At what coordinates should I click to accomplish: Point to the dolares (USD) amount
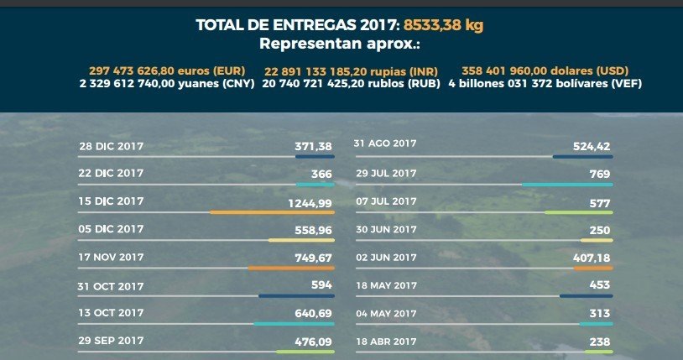545,70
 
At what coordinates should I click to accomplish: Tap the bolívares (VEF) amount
545,84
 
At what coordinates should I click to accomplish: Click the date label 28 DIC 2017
111,146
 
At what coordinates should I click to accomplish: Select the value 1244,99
310,202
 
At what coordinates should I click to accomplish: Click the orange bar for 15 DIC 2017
272,212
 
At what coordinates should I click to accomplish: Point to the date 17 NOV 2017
111,258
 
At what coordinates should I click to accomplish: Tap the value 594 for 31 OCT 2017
322,285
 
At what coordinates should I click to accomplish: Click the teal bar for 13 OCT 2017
294,324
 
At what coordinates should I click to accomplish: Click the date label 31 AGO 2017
386,144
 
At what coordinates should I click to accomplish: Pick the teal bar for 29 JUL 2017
566,184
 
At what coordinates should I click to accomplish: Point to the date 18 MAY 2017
387,285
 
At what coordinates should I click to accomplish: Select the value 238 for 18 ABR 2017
599,342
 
